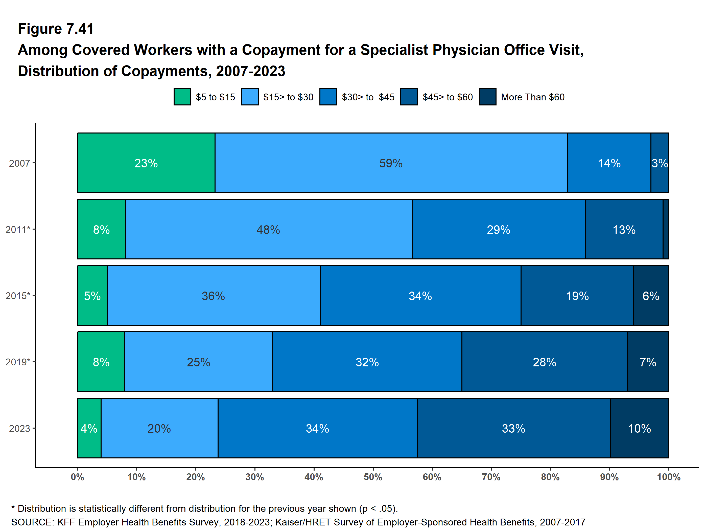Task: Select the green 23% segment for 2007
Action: coord(146,163)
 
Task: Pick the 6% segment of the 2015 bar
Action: coord(651,296)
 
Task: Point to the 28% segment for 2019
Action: coord(544,362)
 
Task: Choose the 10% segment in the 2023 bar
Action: coord(639,428)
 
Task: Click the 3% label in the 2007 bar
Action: coord(660,163)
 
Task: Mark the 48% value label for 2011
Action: coord(268,230)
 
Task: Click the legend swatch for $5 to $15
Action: coord(182,97)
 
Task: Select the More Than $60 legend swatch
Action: coord(487,97)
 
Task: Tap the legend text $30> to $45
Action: coord(368,97)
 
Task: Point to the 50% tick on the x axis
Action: coord(373,477)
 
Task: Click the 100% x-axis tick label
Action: coord(668,477)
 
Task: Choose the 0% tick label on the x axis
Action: coord(77,477)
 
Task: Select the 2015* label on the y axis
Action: coord(17,296)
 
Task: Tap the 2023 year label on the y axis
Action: coord(19,428)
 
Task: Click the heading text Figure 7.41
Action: coord(56,29)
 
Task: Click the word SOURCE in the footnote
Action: coord(32,522)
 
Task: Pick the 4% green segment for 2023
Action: coord(89,428)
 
